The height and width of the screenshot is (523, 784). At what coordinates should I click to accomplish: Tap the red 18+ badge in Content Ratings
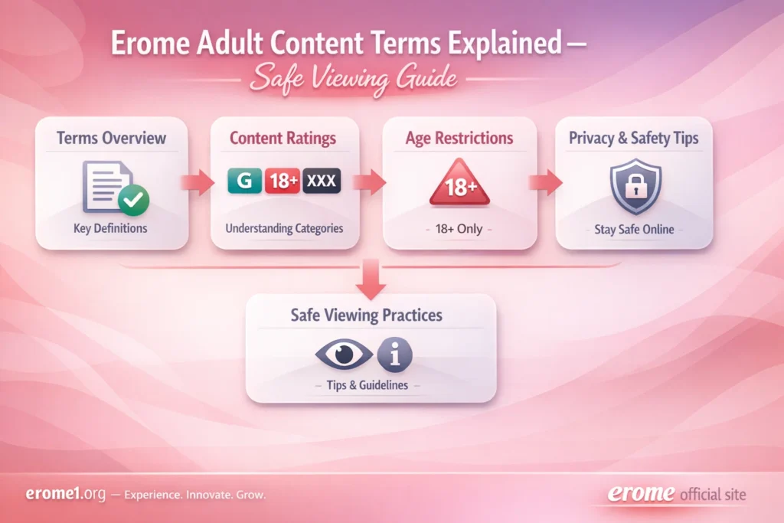point(283,182)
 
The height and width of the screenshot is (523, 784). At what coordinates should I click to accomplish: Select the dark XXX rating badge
point(322,182)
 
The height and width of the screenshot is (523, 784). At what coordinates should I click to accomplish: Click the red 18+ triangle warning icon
point(458,184)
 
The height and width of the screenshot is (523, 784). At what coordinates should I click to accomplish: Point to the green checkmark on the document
point(133,201)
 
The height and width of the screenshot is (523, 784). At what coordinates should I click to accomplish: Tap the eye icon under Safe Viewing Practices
point(344,354)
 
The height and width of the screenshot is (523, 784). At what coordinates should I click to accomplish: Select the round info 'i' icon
point(395,354)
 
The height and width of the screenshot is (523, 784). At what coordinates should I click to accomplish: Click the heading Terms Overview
point(111,139)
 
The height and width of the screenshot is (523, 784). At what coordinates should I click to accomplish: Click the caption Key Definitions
point(111,228)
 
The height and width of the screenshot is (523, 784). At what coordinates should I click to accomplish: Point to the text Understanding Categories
point(284,228)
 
